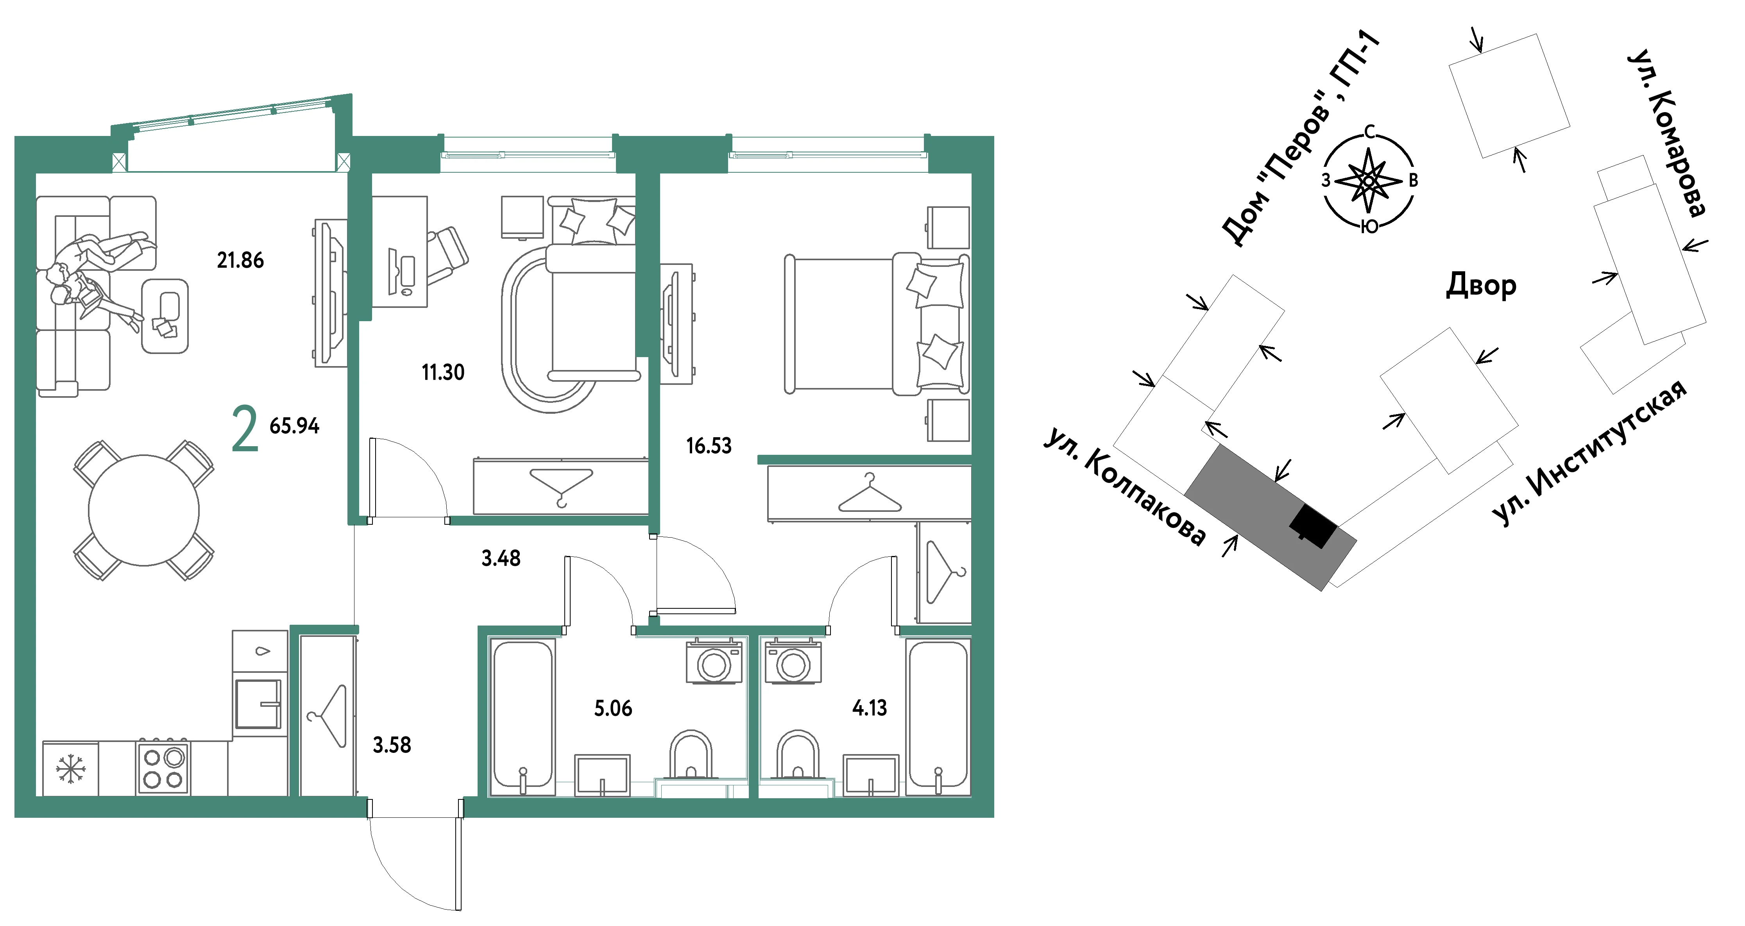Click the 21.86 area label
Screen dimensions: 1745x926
pyautogui.click(x=240, y=260)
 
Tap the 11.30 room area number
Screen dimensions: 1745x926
pyautogui.click(x=443, y=372)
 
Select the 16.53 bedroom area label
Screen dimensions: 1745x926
pyautogui.click(x=709, y=446)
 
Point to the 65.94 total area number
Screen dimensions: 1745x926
pyautogui.click(x=294, y=425)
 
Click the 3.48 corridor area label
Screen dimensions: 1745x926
pyautogui.click(x=501, y=558)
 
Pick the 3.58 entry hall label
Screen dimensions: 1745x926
pyautogui.click(x=392, y=745)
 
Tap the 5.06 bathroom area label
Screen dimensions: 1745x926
pyautogui.click(x=613, y=708)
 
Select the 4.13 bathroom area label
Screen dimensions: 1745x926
pyautogui.click(x=869, y=708)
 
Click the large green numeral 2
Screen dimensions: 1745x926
pyautogui.click(x=245, y=428)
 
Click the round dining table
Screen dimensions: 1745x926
pyautogui.click(x=143, y=510)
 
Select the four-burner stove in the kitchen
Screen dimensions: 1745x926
pyautogui.click(x=163, y=767)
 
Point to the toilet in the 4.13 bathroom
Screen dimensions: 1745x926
pyautogui.click(x=798, y=754)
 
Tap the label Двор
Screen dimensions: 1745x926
pyautogui.click(x=1481, y=285)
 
